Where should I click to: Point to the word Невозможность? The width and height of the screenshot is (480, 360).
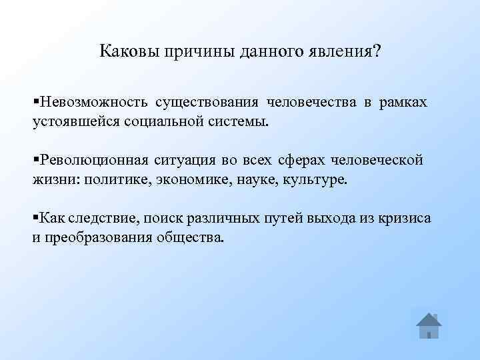pyautogui.click(x=94, y=103)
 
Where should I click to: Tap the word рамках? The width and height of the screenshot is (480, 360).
pyautogui.click(x=404, y=103)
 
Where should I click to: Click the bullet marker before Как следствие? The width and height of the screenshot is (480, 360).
pyautogui.click(x=36, y=218)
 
